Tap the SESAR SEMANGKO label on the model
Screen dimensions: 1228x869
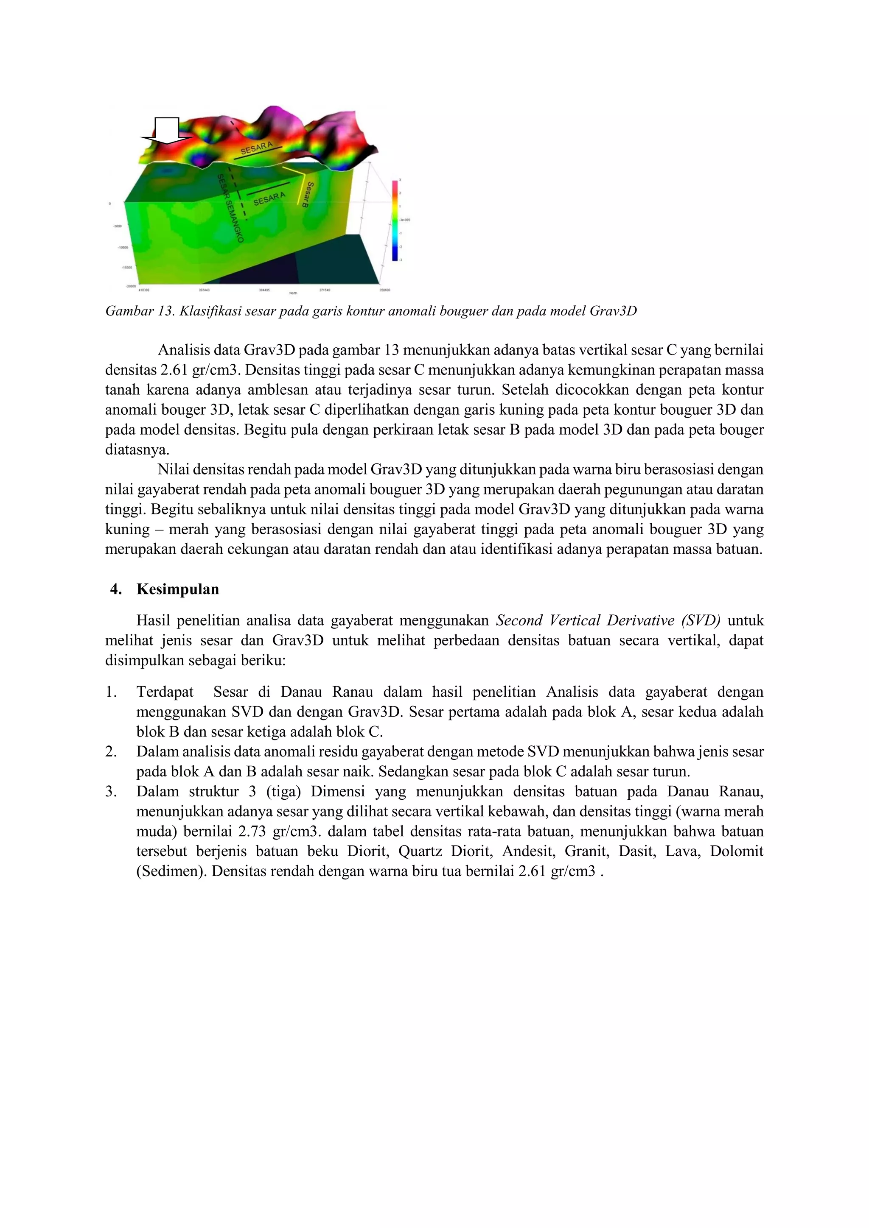pos(230,208)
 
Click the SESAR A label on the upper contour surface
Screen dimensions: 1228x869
pos(256,148)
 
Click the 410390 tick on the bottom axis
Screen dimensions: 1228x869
pos(143,290)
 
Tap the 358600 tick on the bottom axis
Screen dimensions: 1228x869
pos(384,290)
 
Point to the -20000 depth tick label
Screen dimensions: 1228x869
pos(131,286)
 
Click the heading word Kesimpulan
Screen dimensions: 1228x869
pos(178,589)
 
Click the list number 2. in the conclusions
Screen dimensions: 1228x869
pos(111,751)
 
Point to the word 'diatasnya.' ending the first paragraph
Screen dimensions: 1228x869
pos(137,450)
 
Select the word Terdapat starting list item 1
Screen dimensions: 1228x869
pos(165,692)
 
